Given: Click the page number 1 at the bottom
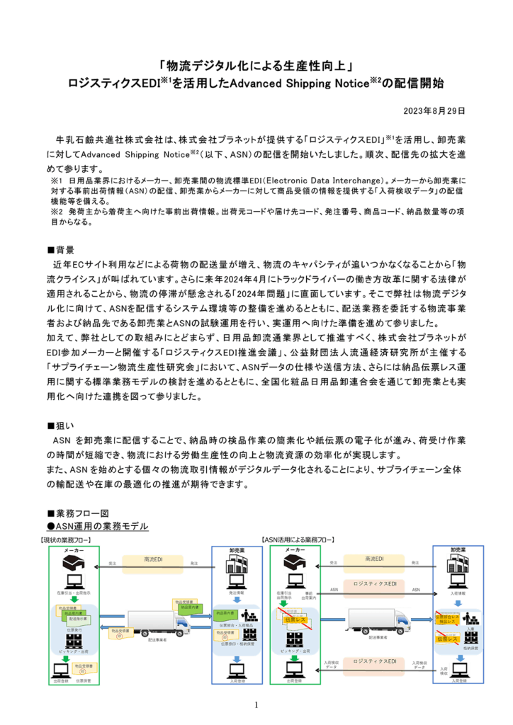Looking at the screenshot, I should [256, 704].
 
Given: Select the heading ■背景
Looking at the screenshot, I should [60, 250].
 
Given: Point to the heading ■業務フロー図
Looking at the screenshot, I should [78, 513].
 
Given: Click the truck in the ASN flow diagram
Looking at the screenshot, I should [378, 622].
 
